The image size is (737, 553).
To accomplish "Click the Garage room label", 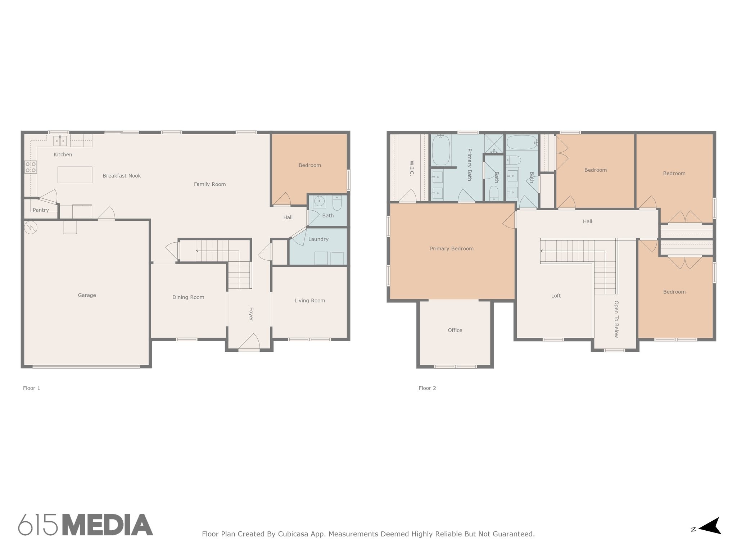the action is pos(87,295).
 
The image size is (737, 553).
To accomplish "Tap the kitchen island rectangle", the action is pos(75,175).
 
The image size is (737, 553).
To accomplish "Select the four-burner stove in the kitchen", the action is pos(31,167).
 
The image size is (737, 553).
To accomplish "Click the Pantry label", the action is pos(41,210).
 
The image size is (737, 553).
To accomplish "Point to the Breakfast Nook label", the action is pos(122,176).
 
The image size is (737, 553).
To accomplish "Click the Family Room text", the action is pos(210,184).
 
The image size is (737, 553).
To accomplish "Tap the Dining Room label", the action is pos(188,297).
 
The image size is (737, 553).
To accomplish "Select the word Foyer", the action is pos(251,314).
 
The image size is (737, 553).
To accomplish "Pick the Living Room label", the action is pos(310,301).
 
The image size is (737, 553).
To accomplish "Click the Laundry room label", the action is pos(318,239).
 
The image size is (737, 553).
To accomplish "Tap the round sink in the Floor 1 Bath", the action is pos(319,202).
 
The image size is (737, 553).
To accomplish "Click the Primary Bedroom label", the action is pos(452,248).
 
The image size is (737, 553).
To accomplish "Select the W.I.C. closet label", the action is pos(412,168).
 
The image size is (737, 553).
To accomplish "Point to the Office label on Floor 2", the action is pos(455,330).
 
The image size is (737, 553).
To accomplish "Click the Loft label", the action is pos(556,296).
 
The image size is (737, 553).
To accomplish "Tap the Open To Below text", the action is pos(616,319).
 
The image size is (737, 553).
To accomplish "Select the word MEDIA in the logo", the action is pos(108,525).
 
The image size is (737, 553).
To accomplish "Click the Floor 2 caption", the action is pos(427,388).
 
